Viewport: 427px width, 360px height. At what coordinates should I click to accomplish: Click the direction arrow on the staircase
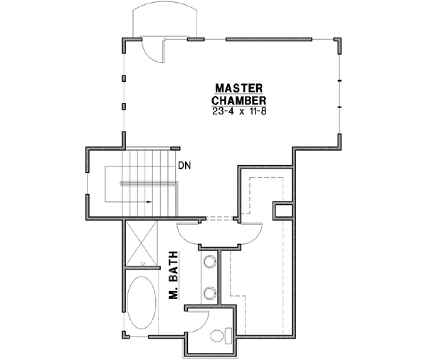[149, 201]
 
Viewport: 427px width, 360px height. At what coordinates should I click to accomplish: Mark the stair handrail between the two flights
[148, 184]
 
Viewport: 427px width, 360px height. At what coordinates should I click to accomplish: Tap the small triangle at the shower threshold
[143, 263]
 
